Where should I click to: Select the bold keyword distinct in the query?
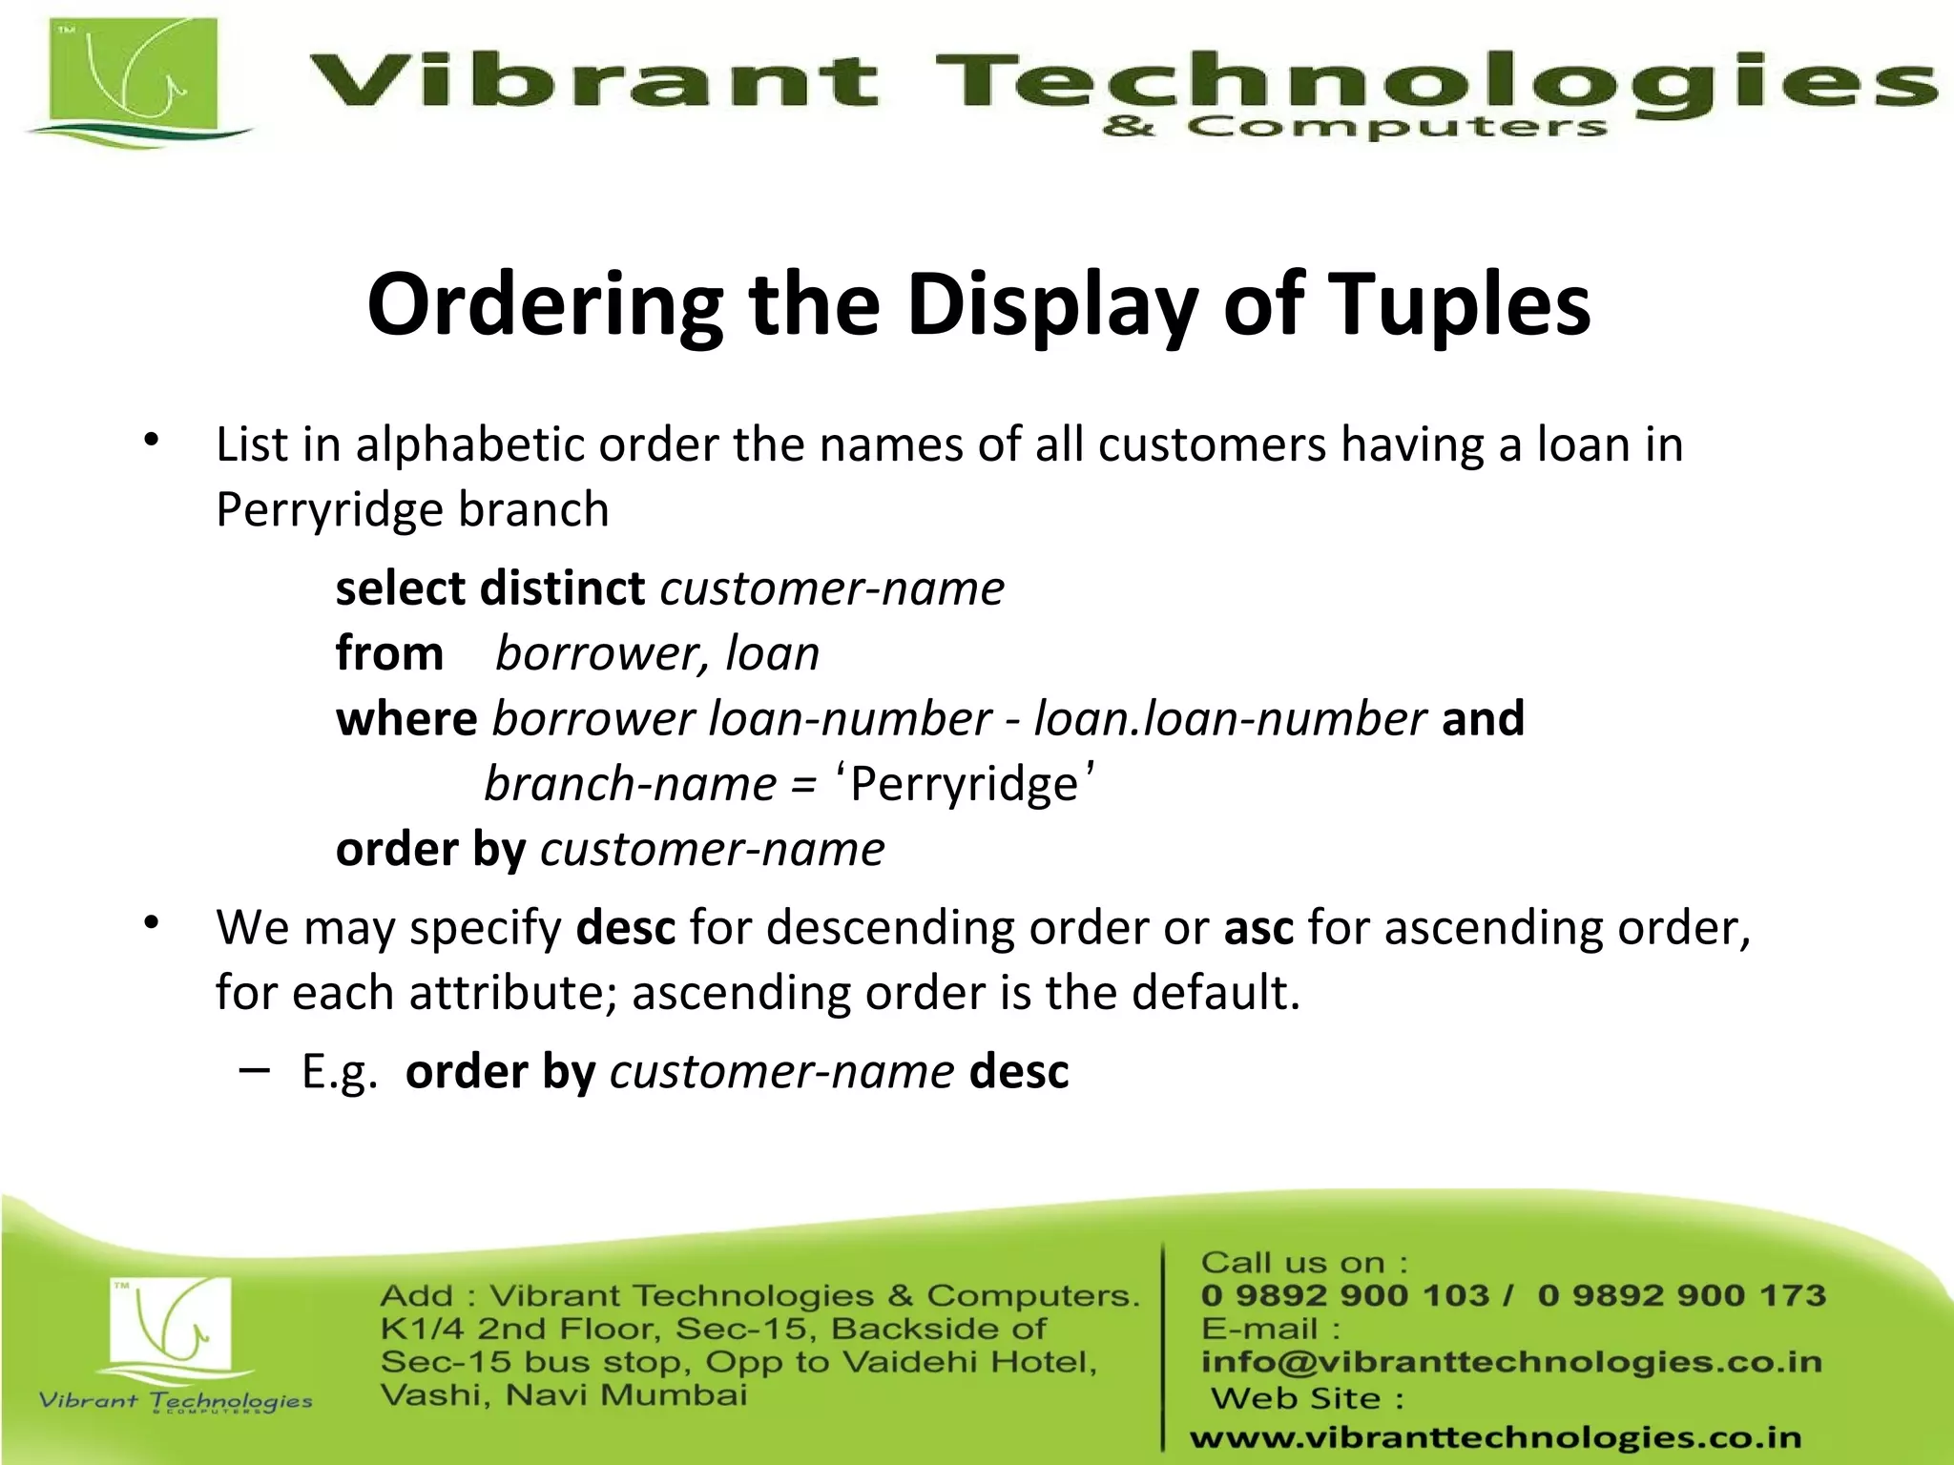(x=563, y=588)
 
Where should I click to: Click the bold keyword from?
(x=389, y=654)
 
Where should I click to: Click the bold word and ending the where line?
(x=1483, y=718)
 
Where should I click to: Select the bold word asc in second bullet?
(x=1258, y=928)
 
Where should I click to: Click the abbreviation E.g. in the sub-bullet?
(x=340, y=1072)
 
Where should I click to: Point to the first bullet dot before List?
(x=151, y=441)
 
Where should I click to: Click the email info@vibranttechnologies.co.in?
(x=1511, y=1362)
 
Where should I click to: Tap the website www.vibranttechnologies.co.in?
(x=1495, y=1437)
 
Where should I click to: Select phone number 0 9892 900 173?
(x=1681, y=1295)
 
